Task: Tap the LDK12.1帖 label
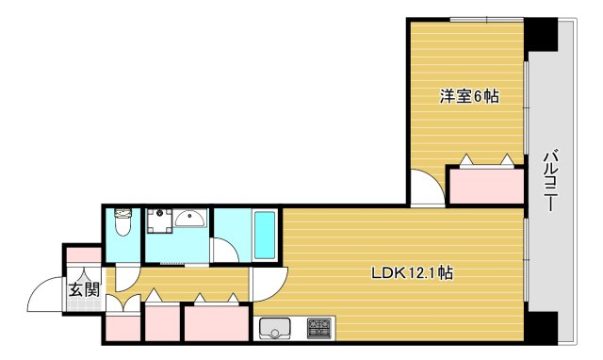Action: pos(412,274)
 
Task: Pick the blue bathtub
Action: pos(264,236)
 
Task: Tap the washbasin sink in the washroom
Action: pos(191,220)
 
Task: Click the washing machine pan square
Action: pos(158,220)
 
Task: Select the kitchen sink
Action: pos(275,328)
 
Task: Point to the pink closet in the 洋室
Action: pos(485,186)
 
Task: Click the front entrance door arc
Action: pos(45,296)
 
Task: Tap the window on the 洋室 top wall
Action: pos(486,19)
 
